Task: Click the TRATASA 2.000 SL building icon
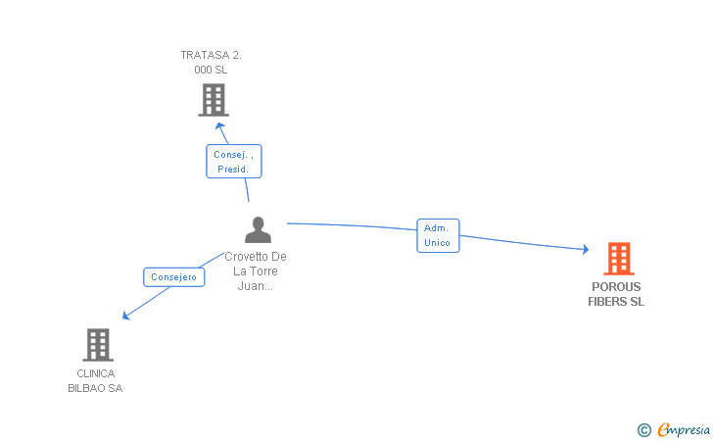point(213,100)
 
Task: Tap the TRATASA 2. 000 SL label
point(211,63)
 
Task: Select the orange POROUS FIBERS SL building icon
point(618,259)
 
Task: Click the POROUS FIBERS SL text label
point(616,294)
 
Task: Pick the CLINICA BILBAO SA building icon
point(97,345)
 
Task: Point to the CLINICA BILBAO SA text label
point(95,380)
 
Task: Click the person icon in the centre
point(258,230)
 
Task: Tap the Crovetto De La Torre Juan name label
point(256,271)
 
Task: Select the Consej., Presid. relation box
point(234,162)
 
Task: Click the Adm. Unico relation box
point(438,235)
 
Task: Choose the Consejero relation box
point(173,277)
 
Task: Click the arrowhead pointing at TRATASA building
point(220,124)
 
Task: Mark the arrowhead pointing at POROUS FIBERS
point(585,249)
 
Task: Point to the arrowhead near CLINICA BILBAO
point(125,315)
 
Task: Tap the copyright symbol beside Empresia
point(643,429)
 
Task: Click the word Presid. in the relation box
point(233,169)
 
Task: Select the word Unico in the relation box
point(438,242)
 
